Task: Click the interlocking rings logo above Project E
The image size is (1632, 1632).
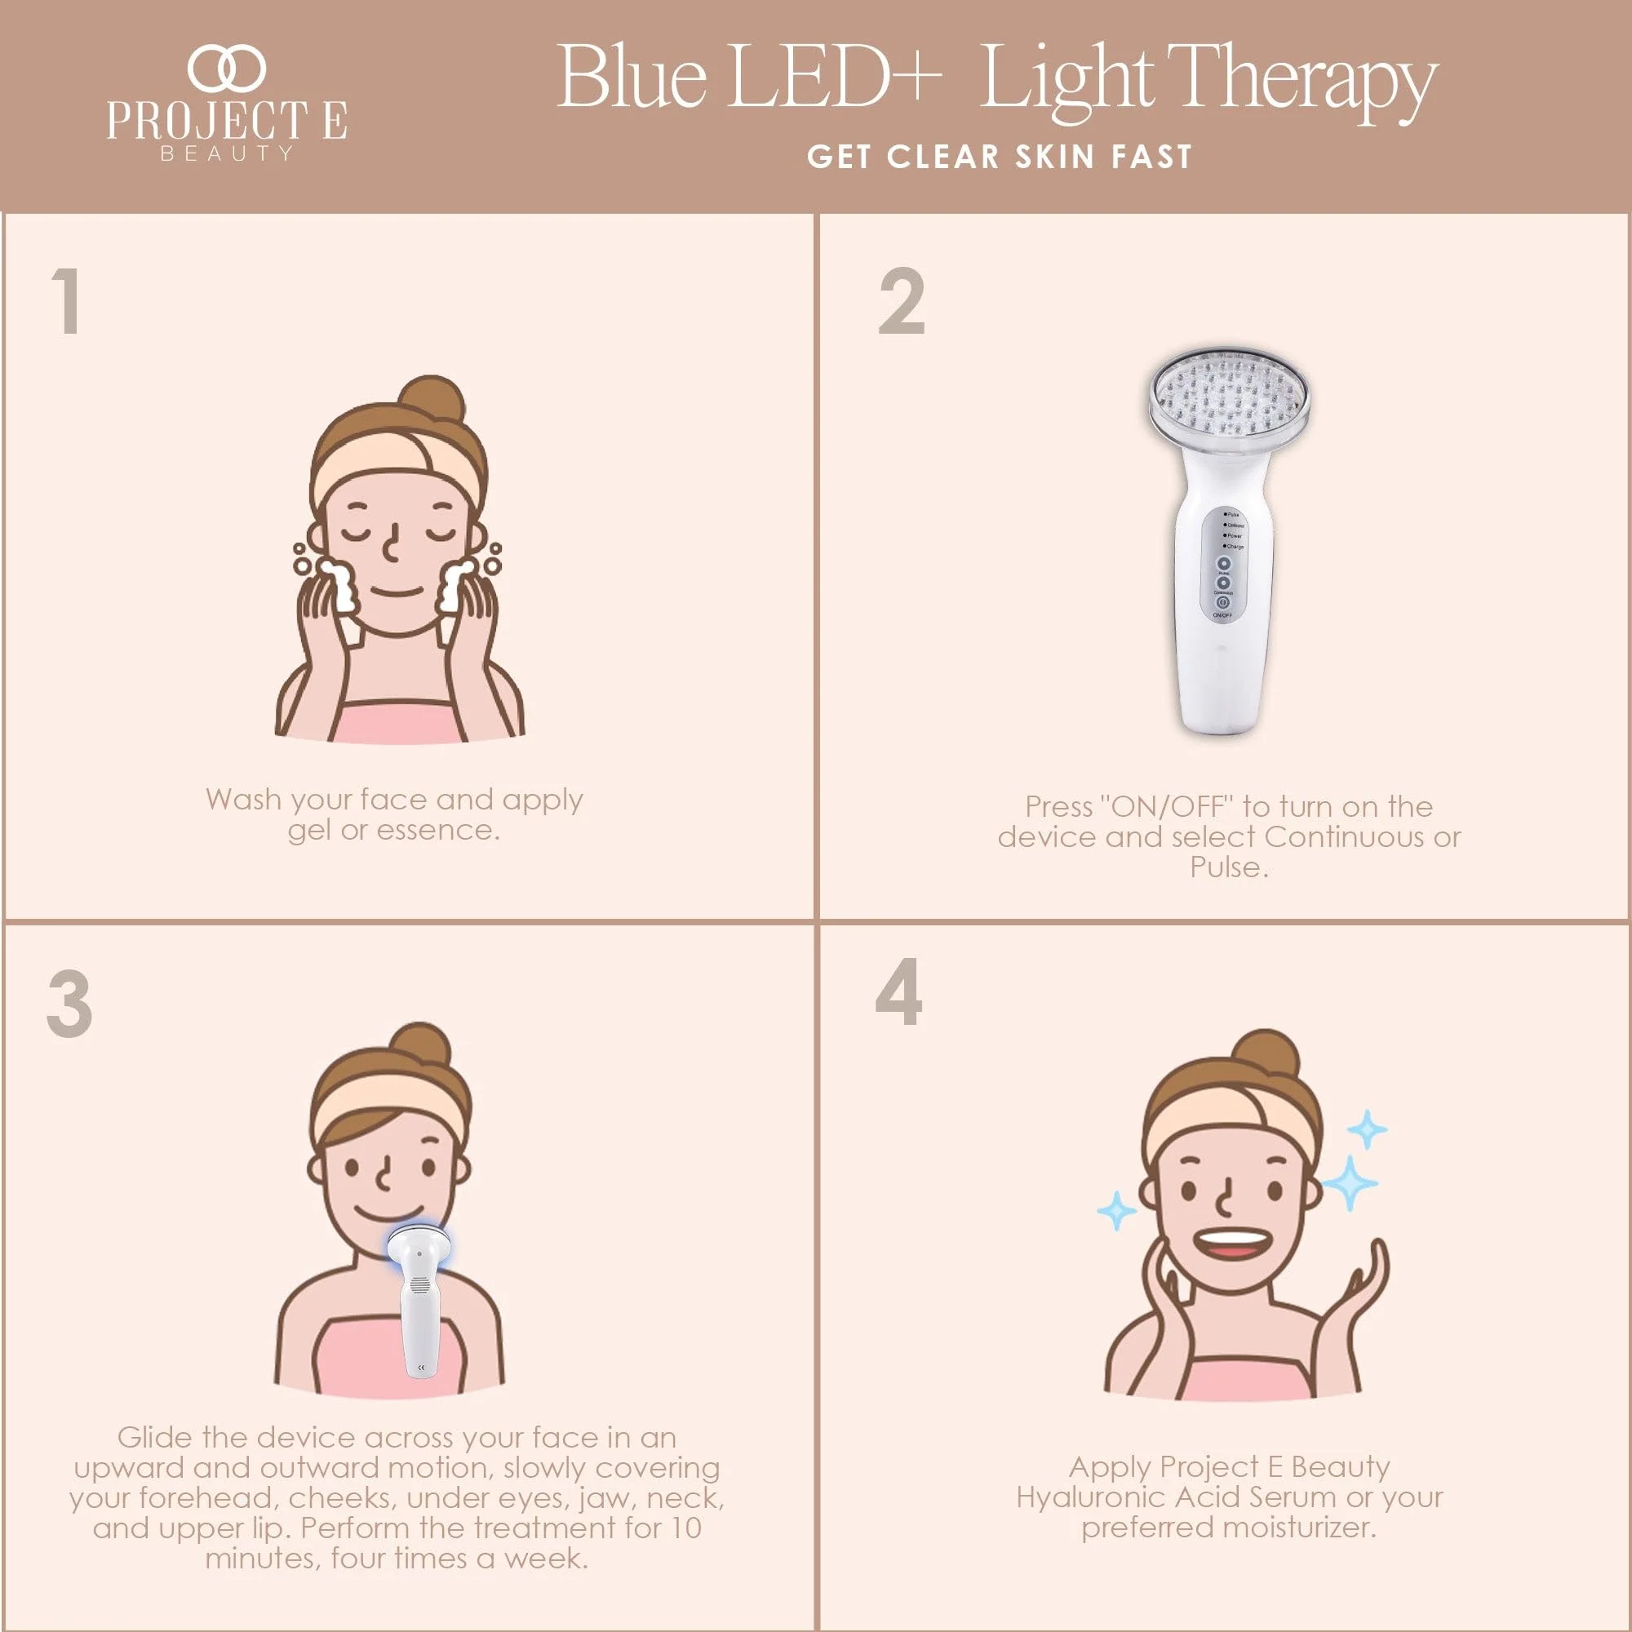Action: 226,69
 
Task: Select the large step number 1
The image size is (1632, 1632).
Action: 66,301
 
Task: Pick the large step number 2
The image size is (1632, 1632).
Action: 902,301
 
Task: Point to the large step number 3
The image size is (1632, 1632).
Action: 69,1004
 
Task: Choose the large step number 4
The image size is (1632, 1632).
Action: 898,991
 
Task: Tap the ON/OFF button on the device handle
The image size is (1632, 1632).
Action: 1222,603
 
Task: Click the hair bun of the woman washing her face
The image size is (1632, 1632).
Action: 432,399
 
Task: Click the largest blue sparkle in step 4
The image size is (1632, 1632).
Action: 1349,1182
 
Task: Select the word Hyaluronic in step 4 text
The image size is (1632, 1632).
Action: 1090,1497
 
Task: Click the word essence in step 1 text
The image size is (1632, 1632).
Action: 437,831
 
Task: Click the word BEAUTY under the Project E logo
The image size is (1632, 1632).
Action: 226,153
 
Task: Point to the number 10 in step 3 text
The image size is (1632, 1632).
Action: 686,1528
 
